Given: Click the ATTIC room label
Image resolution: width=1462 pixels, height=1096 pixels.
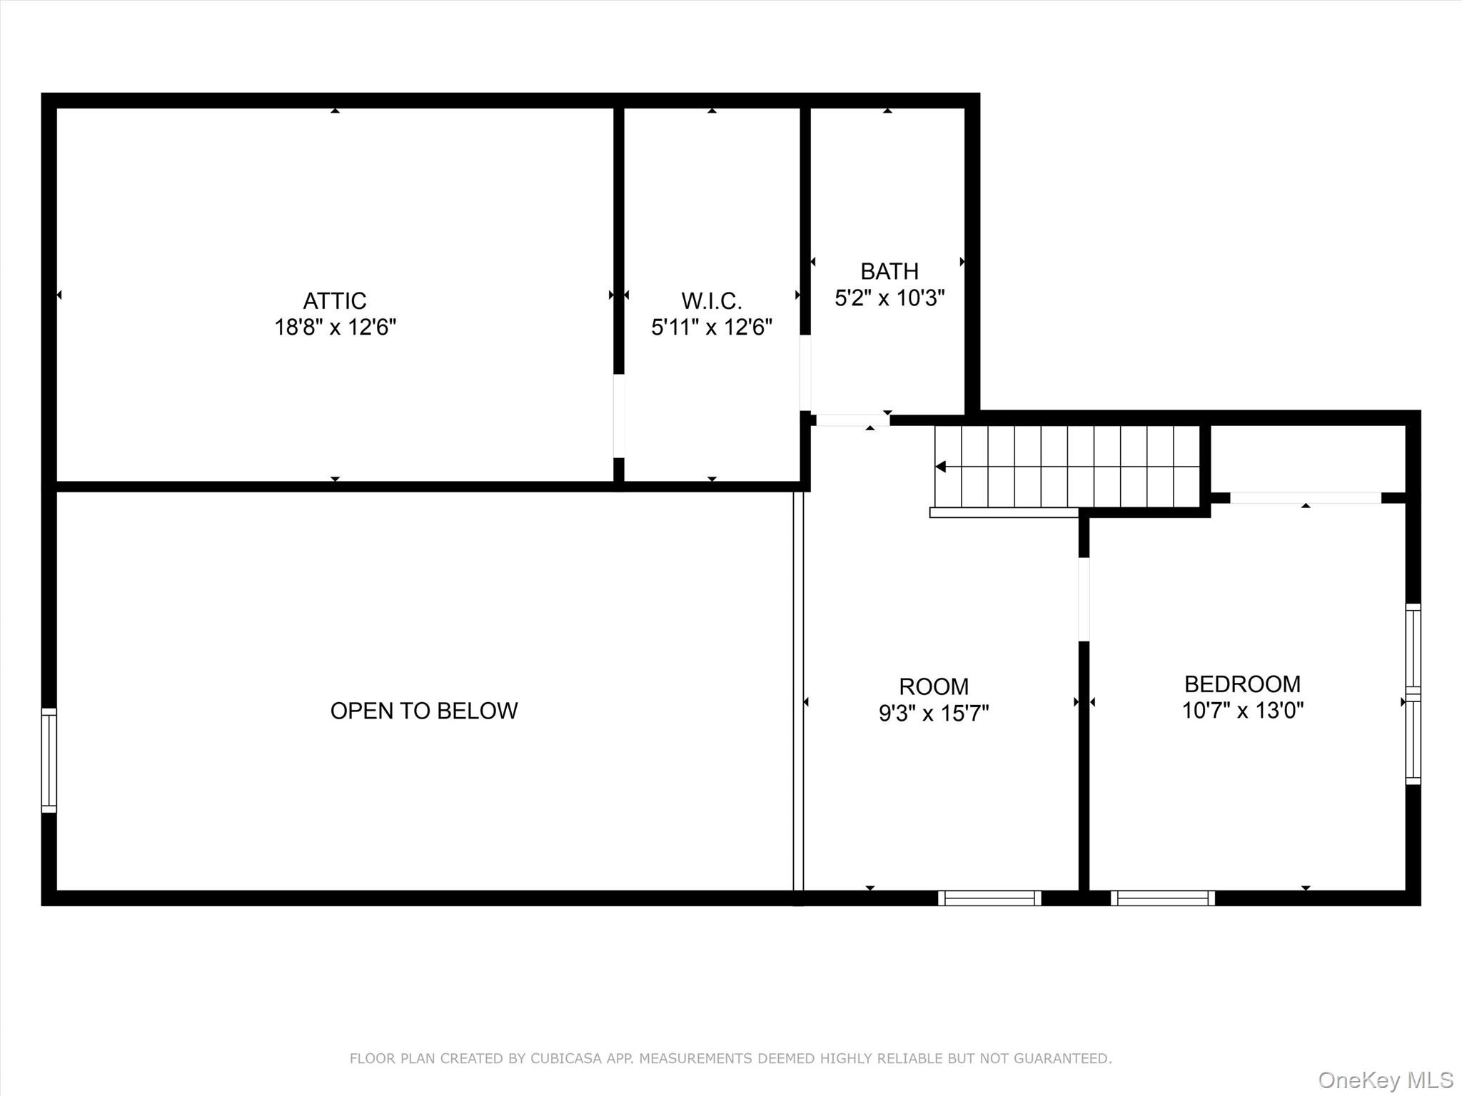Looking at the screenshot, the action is click(335, 300).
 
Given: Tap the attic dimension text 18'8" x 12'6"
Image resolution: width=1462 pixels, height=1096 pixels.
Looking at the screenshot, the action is click(336, 328).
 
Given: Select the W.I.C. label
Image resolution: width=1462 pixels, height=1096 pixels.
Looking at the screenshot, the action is click(712, 300).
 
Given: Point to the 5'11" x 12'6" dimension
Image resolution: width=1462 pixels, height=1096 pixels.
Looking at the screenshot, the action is click(712, 328).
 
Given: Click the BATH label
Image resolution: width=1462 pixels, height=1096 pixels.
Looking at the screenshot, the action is click(889, 271).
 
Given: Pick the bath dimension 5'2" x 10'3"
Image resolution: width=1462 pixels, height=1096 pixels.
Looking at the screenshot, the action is click(889, 298).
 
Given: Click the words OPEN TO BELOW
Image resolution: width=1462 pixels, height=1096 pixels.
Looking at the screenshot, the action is click(424, 711).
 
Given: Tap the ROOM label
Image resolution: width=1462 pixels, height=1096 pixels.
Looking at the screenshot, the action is click(934, 686).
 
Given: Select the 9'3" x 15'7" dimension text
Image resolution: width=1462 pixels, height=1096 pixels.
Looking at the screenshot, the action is click(934, 713).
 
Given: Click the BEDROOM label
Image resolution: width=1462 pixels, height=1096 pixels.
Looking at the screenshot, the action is click(1243, 684).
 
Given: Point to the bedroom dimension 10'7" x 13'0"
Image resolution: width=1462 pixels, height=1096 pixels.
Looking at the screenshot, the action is click(1243, 711).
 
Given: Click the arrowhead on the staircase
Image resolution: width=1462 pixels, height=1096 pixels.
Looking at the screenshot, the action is click(941, 467).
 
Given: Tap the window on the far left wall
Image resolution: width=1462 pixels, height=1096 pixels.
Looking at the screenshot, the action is click(49, 760).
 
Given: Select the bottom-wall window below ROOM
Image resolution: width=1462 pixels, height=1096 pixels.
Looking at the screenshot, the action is click(989, 898).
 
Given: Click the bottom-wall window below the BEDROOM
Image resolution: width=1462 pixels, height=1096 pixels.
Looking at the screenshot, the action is click(1163, 898).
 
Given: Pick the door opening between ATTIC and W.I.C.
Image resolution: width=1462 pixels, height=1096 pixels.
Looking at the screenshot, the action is click(619, 416).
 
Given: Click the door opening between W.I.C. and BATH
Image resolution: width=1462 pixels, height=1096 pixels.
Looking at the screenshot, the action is click(805, 373).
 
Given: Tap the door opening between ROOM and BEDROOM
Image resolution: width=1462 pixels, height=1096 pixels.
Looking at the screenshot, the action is click(1084, 599).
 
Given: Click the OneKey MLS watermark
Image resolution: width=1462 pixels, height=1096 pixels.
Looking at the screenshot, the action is click(1386, 1080).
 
